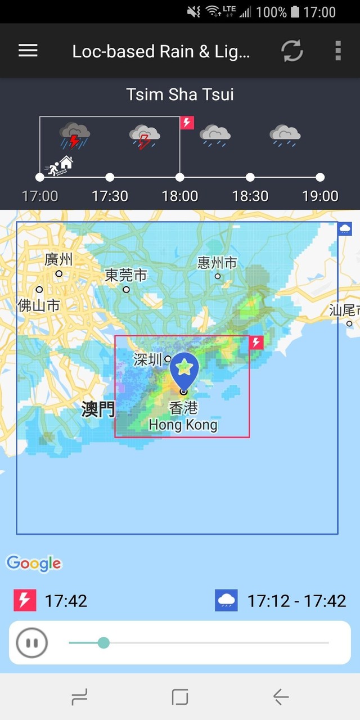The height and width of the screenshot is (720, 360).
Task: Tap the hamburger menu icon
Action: tap(28, 51)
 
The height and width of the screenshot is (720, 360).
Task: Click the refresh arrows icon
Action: tap(292, 51)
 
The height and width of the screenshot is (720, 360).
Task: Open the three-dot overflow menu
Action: tap(337, 51)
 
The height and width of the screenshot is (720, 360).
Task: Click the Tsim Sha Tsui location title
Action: tap(180, 94)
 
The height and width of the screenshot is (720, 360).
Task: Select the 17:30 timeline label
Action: tap(110, 196)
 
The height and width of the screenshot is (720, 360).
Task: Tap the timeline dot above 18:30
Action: tap(250, 177)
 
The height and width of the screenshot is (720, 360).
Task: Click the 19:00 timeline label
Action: tap(320, 196)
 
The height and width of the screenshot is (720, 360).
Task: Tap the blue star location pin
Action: tap(183, 368)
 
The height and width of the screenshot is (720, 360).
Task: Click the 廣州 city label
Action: tap(58, 259)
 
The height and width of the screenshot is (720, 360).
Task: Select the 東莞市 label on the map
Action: tap(126, 275)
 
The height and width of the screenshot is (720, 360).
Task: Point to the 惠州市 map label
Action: tap(217, 262)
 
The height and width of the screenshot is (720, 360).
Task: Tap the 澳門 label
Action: tap(98, 409)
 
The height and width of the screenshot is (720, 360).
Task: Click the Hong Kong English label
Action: tap(183, 424)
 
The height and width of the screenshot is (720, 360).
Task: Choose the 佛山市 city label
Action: tap(39, 305)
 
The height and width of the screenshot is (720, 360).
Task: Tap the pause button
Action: tap(31, 642)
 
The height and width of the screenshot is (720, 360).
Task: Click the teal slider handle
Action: tap(103, 642)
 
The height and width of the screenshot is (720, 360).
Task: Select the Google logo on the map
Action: tap(34, 563)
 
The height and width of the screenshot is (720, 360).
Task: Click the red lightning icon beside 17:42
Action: tap(25, 601)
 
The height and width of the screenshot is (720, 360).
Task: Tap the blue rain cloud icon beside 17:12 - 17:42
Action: tap(226, 601)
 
